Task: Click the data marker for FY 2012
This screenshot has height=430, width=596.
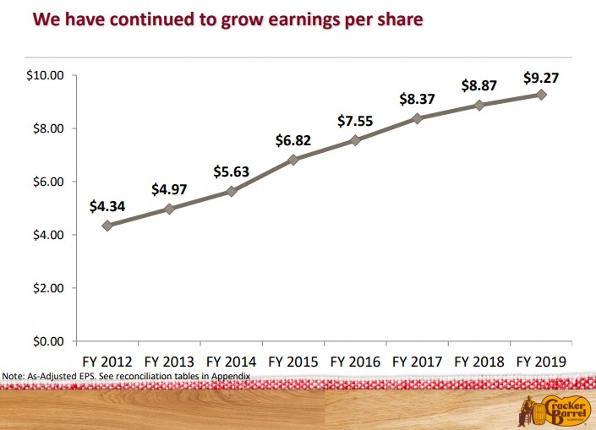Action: tap(107, 226)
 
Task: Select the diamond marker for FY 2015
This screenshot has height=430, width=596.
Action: tap(293, 160)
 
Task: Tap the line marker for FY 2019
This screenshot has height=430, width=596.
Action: tap(541, 95)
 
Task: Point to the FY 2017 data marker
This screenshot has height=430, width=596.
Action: tap(417, 118)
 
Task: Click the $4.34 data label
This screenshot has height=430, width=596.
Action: tap(107, 206)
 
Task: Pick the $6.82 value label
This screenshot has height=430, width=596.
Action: tap(293, 140)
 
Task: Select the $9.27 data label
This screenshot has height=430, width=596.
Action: tap(541, 79)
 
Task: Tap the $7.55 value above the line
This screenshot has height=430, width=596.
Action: tap(355, 121)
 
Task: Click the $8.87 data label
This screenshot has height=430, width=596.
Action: tap(479, 86)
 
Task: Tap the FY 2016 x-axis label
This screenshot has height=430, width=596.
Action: tap(355, 361)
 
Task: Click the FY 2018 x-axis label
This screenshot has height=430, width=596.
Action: tap(479, 361)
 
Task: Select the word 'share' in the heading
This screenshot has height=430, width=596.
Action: tap(398, 19)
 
